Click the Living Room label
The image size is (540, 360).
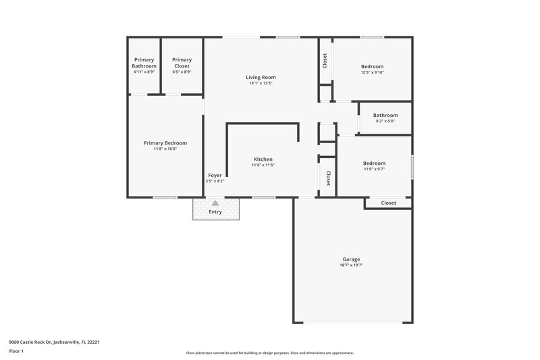click(x=261, y=77)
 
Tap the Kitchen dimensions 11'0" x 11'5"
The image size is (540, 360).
click(x=263, y=165)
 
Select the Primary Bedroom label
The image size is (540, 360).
click(x=165, y=143)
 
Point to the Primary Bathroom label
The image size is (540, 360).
click(x=144, y=63)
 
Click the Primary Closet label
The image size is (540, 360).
click(x=182, y=63)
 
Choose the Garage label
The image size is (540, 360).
click(x=351, y=259)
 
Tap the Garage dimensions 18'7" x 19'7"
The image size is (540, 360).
click(x=351, y=265)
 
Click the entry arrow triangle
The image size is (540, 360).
click(x=215, y=203)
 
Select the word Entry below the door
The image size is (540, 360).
click(x=215, y=212)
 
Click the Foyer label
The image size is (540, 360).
click(x=215, y=175)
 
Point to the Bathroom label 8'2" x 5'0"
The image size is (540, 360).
click(x=385, y=115)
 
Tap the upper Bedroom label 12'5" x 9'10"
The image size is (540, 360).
click(x=373, y=66)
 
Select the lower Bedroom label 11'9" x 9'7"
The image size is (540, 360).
click(x=374, y=163)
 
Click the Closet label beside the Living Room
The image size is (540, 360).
click(x=325, y=60)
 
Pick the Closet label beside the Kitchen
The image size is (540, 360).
click(x=328, y=178)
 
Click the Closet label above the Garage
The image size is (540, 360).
click(x=388, y=203)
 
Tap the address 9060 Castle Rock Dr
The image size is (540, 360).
click(x=55, y=342)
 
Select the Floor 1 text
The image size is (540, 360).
click(x=16, y=352)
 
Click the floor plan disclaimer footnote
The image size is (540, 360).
click(x=269, y=353)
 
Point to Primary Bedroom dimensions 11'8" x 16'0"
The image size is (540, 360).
click(x=165, y=149)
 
